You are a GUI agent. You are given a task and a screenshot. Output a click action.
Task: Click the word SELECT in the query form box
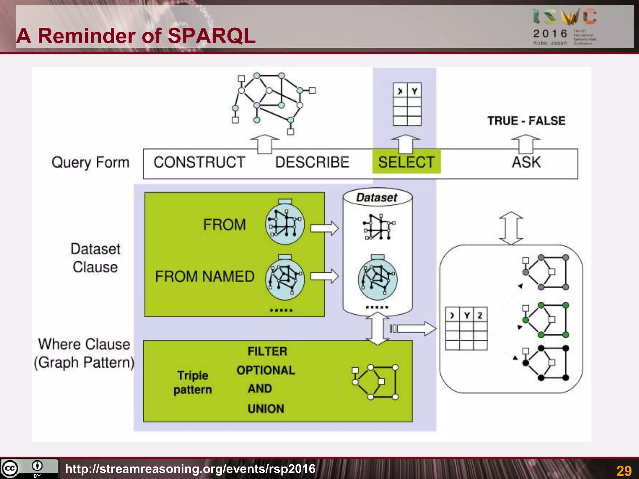tap(406, 162)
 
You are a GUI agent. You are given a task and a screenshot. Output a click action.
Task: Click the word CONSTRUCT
tap(199, 162)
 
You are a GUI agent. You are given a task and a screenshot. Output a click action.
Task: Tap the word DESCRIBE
tap(312, 162)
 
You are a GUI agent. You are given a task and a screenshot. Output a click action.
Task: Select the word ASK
tap(526, 162)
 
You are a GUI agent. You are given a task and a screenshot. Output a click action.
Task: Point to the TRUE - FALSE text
tap(526, 121)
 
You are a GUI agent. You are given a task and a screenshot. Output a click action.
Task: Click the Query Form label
tap(90, 162)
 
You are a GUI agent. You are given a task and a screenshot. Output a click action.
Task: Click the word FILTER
tap(267, 351)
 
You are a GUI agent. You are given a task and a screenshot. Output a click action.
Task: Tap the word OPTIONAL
tap(266, 370)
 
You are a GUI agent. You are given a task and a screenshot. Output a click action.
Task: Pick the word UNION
tap(266, 409)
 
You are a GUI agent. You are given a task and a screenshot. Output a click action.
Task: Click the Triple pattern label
tap(193, 382)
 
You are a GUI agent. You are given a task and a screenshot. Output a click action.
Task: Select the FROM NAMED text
tap(205, 276)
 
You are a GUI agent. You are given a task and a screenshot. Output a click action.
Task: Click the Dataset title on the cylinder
tap(377, 197)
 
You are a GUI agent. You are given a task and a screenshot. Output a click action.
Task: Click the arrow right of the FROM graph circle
tap(324, 228)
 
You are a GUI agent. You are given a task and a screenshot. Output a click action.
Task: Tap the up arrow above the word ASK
tap(526, 143)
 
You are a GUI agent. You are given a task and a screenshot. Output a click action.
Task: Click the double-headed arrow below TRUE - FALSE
tap(511, 228)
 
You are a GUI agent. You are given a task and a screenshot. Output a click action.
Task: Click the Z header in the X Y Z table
tap(480, 315)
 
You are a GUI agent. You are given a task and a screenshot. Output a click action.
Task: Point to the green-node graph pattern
tap(546, 320)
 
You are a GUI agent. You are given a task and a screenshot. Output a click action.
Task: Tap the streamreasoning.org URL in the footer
tap(190, 469)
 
